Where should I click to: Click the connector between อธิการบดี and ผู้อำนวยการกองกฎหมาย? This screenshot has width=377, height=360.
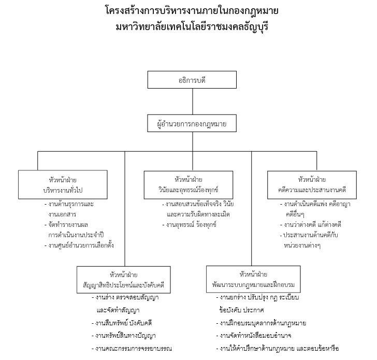[x=193, y=102]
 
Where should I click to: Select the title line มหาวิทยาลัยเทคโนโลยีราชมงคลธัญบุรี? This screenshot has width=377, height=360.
[x=192, y=26]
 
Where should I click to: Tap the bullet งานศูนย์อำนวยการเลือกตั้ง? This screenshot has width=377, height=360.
[x=79, y=246]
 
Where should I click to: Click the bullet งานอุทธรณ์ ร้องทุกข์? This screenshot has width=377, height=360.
[x=190, y=225]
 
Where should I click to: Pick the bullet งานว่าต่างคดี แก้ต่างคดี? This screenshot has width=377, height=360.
[x=311, y=225]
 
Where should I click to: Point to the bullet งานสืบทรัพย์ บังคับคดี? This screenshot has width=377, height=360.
[x=122, y=323]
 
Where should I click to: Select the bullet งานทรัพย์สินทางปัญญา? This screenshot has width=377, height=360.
[x=124, y=336]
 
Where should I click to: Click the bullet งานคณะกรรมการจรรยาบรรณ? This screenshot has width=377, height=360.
[x=132, y=349]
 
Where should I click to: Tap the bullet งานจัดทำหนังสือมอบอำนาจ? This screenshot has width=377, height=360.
[x=254, y=336]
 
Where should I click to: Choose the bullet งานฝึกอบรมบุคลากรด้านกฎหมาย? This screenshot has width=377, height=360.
[x=261, y=323]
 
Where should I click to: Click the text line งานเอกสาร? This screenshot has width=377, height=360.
[x=62, y=214]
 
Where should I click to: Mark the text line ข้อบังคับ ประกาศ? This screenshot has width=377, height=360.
[x=242, y=310]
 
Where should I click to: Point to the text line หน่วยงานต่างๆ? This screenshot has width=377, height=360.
[x=302, y=246]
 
